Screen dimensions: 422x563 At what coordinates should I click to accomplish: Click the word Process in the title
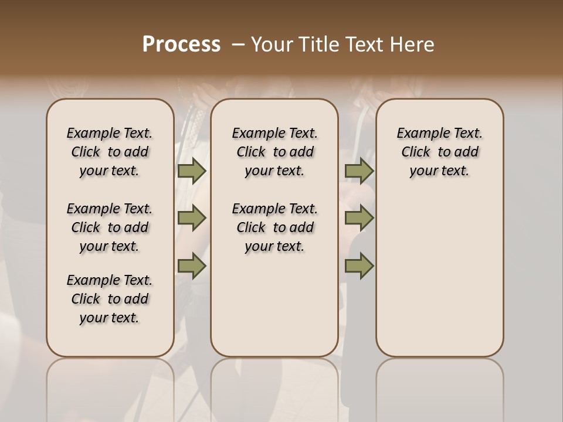point(181,45)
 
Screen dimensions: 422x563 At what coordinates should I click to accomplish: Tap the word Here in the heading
point(414,45)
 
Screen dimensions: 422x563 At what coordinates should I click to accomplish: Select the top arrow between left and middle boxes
point(192,171)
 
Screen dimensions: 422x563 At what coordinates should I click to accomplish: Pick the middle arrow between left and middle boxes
point(192,219)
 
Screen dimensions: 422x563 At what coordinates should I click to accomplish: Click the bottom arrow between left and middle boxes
point(192,266)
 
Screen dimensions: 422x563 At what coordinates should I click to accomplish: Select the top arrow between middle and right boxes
point(359,171)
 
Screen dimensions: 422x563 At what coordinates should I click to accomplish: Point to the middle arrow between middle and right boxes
point(359,219)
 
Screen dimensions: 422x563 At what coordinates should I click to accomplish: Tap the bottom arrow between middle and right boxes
point(359,266)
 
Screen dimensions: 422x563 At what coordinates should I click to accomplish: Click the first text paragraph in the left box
point(110,152)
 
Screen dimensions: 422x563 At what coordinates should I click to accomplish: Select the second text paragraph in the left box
point(110,227)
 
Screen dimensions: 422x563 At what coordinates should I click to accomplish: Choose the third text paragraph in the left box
point(110,299)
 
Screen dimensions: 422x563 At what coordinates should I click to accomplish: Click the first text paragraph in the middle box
point(274,152)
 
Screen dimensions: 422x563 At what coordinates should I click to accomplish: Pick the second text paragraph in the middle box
point(274,227)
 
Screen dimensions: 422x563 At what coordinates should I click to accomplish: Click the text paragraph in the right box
point(440,152)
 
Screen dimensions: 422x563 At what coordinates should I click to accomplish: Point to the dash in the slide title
point(238,45)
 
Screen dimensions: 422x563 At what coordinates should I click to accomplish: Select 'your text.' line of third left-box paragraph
point(110,318)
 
